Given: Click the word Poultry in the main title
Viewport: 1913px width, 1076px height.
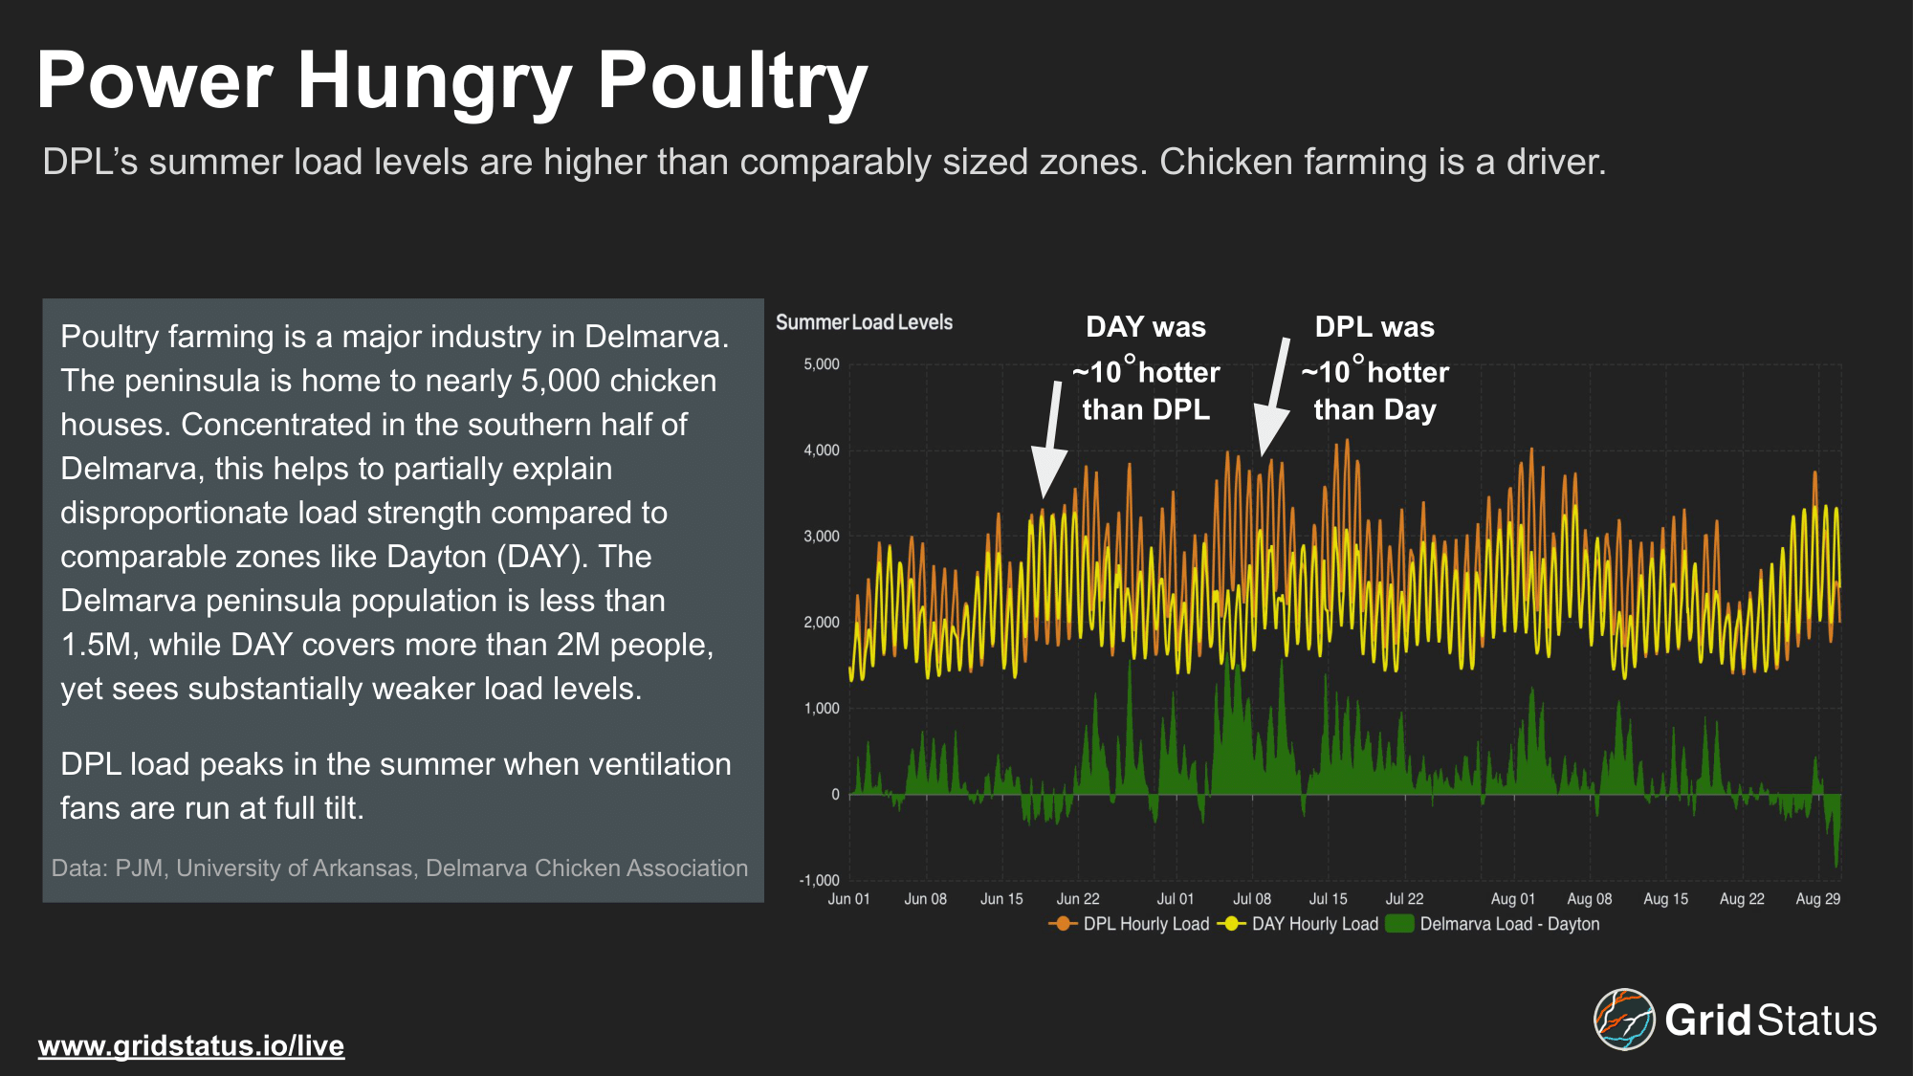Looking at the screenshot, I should click(x=732, y=82).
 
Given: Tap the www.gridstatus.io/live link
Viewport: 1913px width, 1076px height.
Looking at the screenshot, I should click(x=191, y=1045).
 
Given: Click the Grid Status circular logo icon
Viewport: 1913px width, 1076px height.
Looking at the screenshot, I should click(x=1623, y=1020).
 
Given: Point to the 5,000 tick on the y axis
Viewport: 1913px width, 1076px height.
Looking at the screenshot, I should click(x=822, y=364).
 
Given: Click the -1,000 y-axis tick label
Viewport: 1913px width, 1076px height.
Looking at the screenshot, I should click(x=820, y=881).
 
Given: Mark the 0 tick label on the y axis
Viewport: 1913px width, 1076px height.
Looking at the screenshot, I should click(x=835, y=795).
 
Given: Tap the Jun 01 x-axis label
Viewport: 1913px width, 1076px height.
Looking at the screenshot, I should click(x=849, y=899).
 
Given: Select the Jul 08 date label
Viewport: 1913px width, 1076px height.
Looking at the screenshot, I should click(x=1252, y=899).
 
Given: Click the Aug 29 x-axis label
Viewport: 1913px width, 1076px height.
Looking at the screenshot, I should click(x=1818, y=899).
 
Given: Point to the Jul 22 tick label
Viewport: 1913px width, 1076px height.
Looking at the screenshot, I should click(x=1404, y=899).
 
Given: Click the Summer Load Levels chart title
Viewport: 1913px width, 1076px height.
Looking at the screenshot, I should click(x=864, y=322).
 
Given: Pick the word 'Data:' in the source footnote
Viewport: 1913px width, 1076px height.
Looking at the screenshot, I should click(x=80, y=868).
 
